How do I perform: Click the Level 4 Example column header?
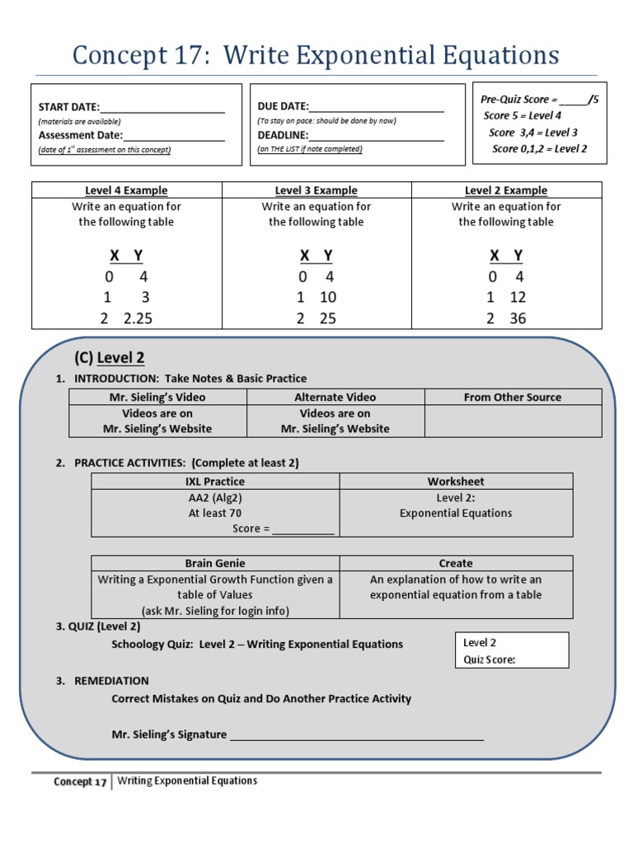126,190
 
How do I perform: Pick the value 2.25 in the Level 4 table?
138,319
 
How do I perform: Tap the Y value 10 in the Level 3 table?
328,297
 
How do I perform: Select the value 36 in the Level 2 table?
517,319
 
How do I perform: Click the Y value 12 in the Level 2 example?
517,297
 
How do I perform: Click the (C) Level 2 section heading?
110,357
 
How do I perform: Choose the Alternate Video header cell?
335,397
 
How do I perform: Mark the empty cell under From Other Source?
513,421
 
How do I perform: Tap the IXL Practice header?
215,481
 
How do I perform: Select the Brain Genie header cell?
215,563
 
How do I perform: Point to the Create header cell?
456,563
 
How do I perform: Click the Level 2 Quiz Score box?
512,650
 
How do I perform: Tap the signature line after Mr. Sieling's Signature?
356,736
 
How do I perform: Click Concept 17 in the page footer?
80,782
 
